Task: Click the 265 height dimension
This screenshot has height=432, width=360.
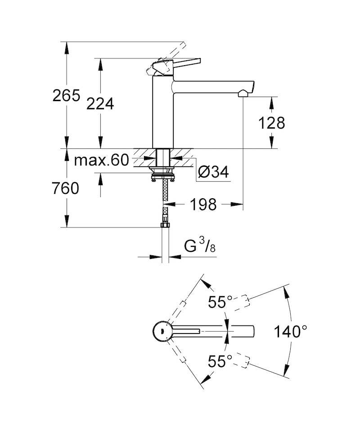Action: (x=66, y=96)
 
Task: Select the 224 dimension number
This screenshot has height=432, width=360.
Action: (x=100, y=104)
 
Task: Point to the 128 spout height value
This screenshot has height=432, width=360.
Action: (x=271, y=123)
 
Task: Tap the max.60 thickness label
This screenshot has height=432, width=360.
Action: (x=102, y=160)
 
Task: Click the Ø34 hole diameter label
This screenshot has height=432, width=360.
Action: (x=213, y=173)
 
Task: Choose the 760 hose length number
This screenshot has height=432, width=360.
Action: (x=66, y=188)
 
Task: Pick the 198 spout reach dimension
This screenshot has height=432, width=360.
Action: (x=203, y=205)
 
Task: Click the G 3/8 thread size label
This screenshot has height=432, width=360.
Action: (x=200, y=245)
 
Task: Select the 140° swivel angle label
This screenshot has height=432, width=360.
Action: (x=290, y=331)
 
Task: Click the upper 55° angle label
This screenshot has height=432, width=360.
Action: (x=220, y=302)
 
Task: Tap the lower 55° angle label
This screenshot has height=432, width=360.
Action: (x=220, y=361)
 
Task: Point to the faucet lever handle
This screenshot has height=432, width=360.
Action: (x=174, y=66)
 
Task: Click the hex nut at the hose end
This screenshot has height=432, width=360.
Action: (x=165, y=225)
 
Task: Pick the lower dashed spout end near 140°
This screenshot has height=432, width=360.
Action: (x=243, y=360)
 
